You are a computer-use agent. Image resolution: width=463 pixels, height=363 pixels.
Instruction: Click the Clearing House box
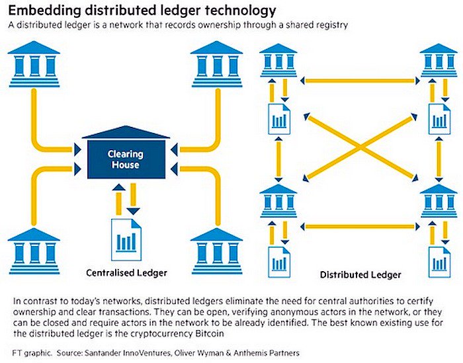(x=126, y=159)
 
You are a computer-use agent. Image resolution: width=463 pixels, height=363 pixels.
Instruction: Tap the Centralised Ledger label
(x=126, y=272)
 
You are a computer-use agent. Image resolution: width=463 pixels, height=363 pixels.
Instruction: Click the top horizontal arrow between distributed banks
(x=358, y=81)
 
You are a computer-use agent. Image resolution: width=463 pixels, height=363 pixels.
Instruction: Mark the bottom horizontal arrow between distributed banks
(x=358, y=227)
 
